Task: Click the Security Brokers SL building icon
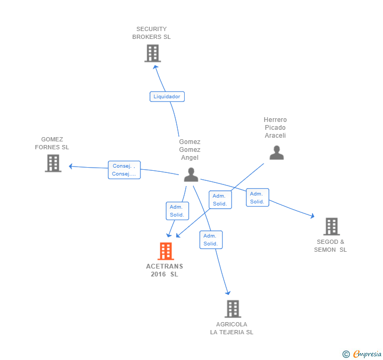(x=152, y=54)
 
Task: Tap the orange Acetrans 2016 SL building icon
(x=166, y=251)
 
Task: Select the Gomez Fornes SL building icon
(x=53, y=163)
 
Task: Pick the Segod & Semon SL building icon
(x=331, y=227)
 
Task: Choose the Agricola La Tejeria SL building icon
(x=233, y=309)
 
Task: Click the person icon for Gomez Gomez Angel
(x=191, y=175)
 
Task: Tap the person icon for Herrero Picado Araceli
(x=276, y=152)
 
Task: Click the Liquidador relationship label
(x=167, y=97)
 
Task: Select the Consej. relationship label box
(x=124, y=170)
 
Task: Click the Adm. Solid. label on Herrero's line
(x=220, y=200)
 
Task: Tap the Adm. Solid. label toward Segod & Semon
(x=257, y=198)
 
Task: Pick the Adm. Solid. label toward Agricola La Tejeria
(x=211, y=240)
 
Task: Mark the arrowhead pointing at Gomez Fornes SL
(x=71, y=167)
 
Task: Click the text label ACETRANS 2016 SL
(x=165, y=270)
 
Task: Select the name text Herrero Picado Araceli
(x=275, y=128)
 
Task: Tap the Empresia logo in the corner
(x=367, y=354)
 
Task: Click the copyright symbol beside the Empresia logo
(x=346, y=354)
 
